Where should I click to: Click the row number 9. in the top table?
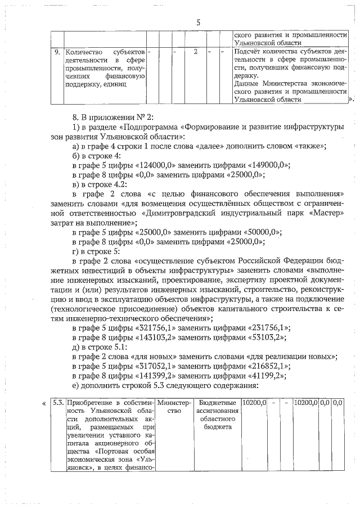(x=57, y=52)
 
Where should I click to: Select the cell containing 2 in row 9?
(x=195, y=52)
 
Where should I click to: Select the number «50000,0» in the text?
(x=264, y=232)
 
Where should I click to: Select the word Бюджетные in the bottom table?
(x=215, y=403)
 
